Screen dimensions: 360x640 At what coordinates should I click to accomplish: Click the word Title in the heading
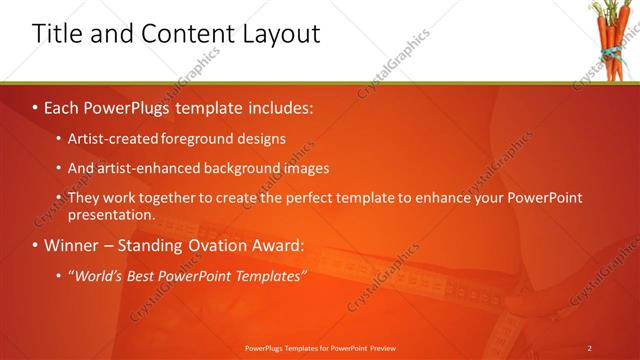(x=58, y=34)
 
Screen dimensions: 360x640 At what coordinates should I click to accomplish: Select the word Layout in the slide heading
(x=277, y=34)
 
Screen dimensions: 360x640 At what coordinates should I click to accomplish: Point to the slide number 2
(x=589, y=347)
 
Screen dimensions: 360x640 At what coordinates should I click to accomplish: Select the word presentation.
(x=111, y=214)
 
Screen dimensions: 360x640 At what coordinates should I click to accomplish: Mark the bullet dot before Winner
(x=36, y=245)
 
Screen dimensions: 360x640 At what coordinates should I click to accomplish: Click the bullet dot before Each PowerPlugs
(x=36, y=104)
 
